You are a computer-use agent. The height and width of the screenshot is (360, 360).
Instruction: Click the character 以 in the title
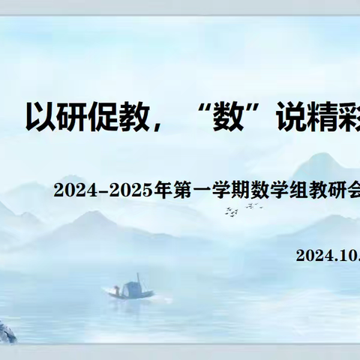(42, 117)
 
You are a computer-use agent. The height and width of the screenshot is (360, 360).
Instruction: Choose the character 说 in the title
(292, 117)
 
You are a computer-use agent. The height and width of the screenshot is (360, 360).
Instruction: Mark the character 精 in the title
(325, 117)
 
